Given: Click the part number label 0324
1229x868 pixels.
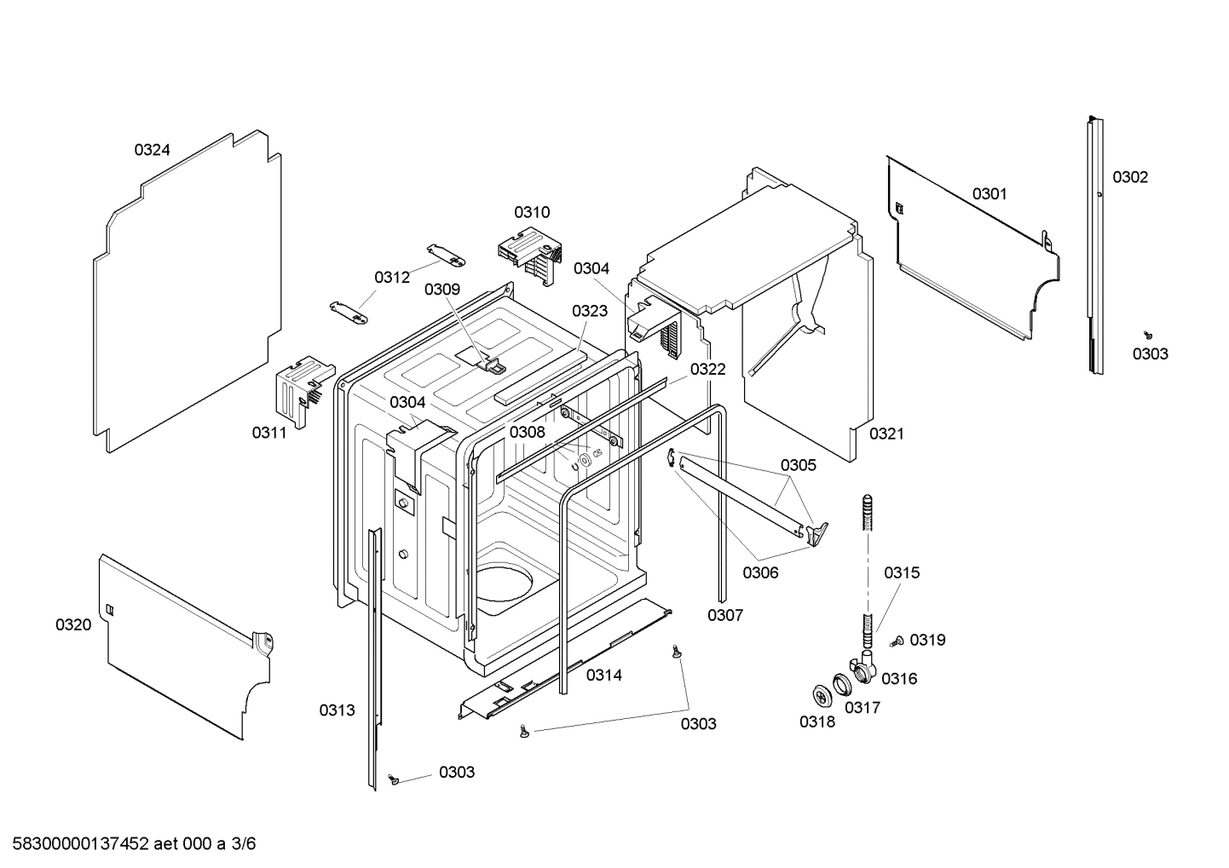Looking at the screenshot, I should [152, 150].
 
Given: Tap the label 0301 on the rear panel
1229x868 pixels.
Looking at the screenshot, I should [990, 193].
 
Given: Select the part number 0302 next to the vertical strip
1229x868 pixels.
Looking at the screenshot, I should [1129, 177].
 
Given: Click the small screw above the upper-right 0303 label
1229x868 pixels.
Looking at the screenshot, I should [1148, 335].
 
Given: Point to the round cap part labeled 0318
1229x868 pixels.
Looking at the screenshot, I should [822, 696].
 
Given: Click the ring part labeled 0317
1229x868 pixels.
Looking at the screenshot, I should [843, 682].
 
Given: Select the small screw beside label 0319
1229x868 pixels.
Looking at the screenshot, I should [897, 642].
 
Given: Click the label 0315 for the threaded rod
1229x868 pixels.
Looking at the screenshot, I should [901, 572].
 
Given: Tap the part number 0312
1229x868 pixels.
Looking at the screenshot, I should [391, 277].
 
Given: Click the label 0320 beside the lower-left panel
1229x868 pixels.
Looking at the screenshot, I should [73, 624].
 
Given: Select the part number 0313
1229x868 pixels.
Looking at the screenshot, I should [337, 710].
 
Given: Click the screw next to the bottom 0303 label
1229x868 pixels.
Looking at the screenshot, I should [394, 779].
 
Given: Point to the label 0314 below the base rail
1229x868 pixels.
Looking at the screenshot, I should [603, 675].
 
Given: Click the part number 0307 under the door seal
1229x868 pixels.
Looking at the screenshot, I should [725, 615].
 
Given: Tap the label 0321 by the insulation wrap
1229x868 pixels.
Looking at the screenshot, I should [886, 434].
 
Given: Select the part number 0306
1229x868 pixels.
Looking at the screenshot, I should [760, 572].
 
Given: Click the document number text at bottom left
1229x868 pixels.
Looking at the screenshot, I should [128, 844].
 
